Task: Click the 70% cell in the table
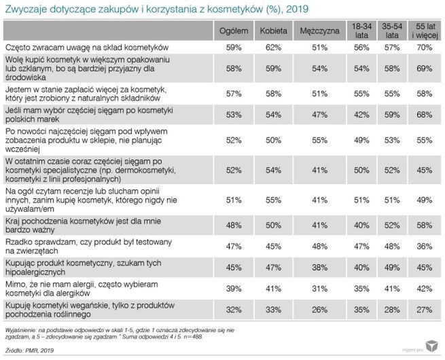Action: (x=424, y=48)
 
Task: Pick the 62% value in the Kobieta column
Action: (x=273, y=48)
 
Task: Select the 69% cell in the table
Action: (x=424, y=69)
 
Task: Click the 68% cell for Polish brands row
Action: (x=424, y=114)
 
